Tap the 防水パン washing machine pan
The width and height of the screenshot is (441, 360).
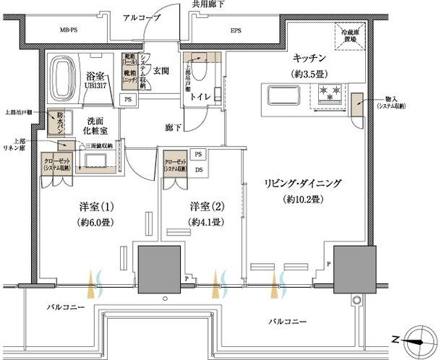[55, 124]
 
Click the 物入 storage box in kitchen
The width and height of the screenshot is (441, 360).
[357, 104]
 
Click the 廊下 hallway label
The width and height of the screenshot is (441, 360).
[172, 127]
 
